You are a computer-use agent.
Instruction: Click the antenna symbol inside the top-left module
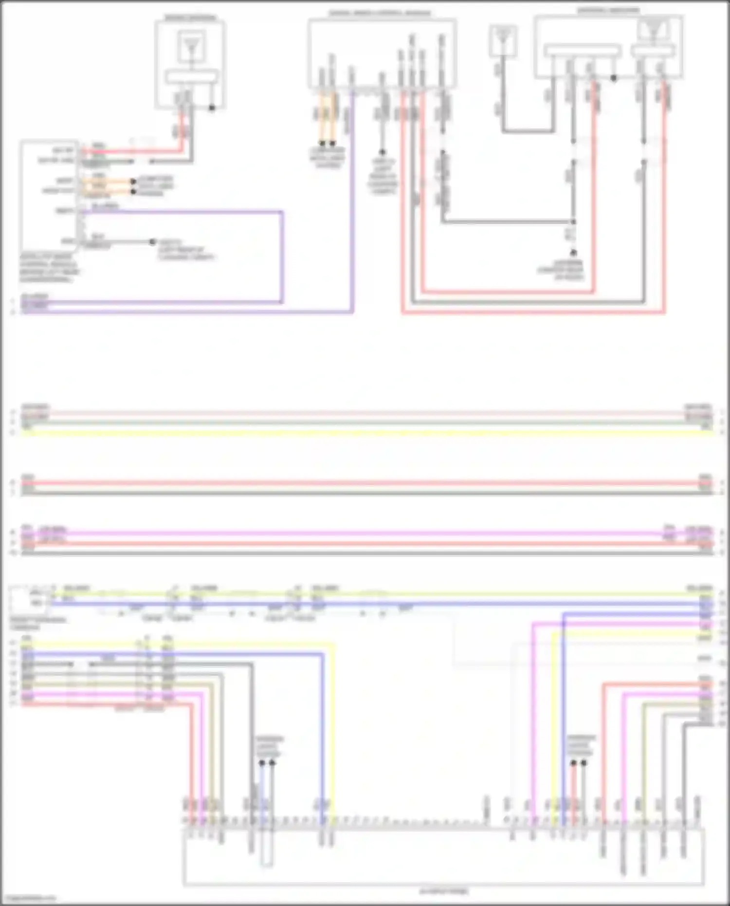pyautogui.click(x=191, y=47)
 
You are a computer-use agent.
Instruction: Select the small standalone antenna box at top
pyautogui.click(x=503, y=41)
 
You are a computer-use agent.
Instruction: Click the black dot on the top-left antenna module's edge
pyautogui.click(x=212, y=108)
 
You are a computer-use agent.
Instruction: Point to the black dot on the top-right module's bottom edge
pyautogui.click(x=614, y=78)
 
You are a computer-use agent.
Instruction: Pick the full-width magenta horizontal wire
pyautogui.click(x=365, y=534)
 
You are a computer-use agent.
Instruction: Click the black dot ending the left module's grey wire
pyautogui.click(x=152, y=242)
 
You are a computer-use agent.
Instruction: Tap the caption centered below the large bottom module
pyautogui.click(x=444, y=891)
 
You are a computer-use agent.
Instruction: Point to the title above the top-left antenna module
pyautogui.click(x=190, y=18)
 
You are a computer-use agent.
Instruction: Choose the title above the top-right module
pyautogui.click(x=608, y=10)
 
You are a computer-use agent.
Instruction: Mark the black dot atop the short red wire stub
pyautogui.click(x=573, y=763)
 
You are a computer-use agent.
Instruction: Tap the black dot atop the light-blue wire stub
pyautogui.click(x=262, y=763)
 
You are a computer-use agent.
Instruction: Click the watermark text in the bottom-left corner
pyautogui.click(x=28, y=899)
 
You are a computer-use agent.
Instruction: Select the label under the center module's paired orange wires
pyautogui.click(x=328, y=158)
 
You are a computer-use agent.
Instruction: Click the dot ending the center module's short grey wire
pyautogui.click(x=383, y=152)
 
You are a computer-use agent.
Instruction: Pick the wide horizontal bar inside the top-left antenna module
pyautogui.click(x=191, y=77)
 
